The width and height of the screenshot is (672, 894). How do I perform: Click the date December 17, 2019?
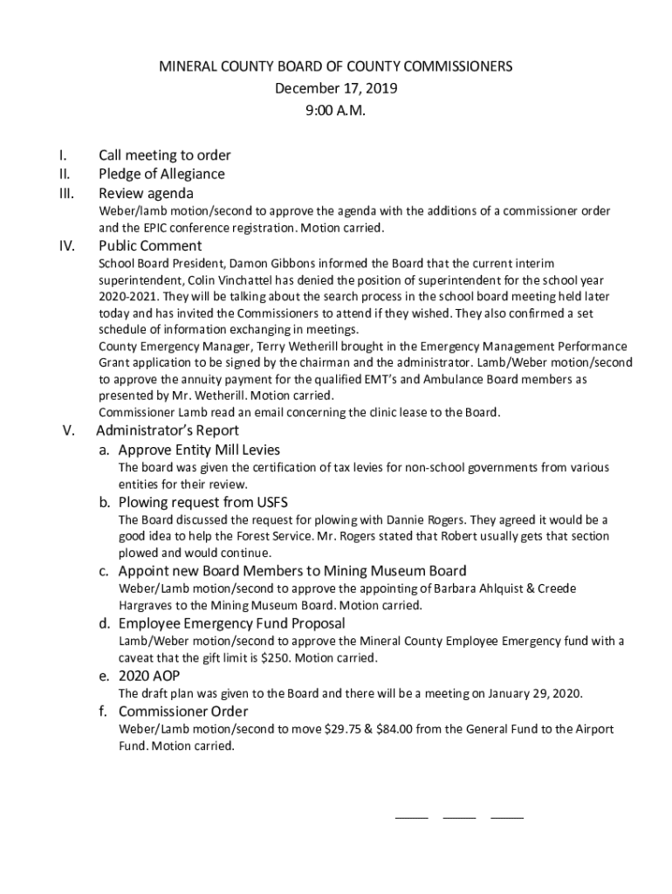pyautogui.click(x=323, y=88)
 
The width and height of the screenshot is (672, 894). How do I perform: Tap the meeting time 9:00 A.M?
pyautogui.click(x=323, y=111)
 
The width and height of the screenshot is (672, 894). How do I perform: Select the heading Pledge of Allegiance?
pyautogui.click(x=161, y=174)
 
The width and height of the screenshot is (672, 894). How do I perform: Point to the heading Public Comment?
pyautogui.click(x=150, y=245)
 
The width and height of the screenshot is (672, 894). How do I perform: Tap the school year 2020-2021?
pyautogui.click(x=125, y=296)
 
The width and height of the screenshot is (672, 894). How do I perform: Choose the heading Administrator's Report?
pyautogui.click(x=168, y=430)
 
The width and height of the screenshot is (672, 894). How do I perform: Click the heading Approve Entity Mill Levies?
pyautogui.click(x=199, y=450)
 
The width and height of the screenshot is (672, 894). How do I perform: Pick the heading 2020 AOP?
pyautogui.click(x=148, y=676)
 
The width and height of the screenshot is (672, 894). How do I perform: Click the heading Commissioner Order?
pyautogui.click(x=183, y=711)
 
